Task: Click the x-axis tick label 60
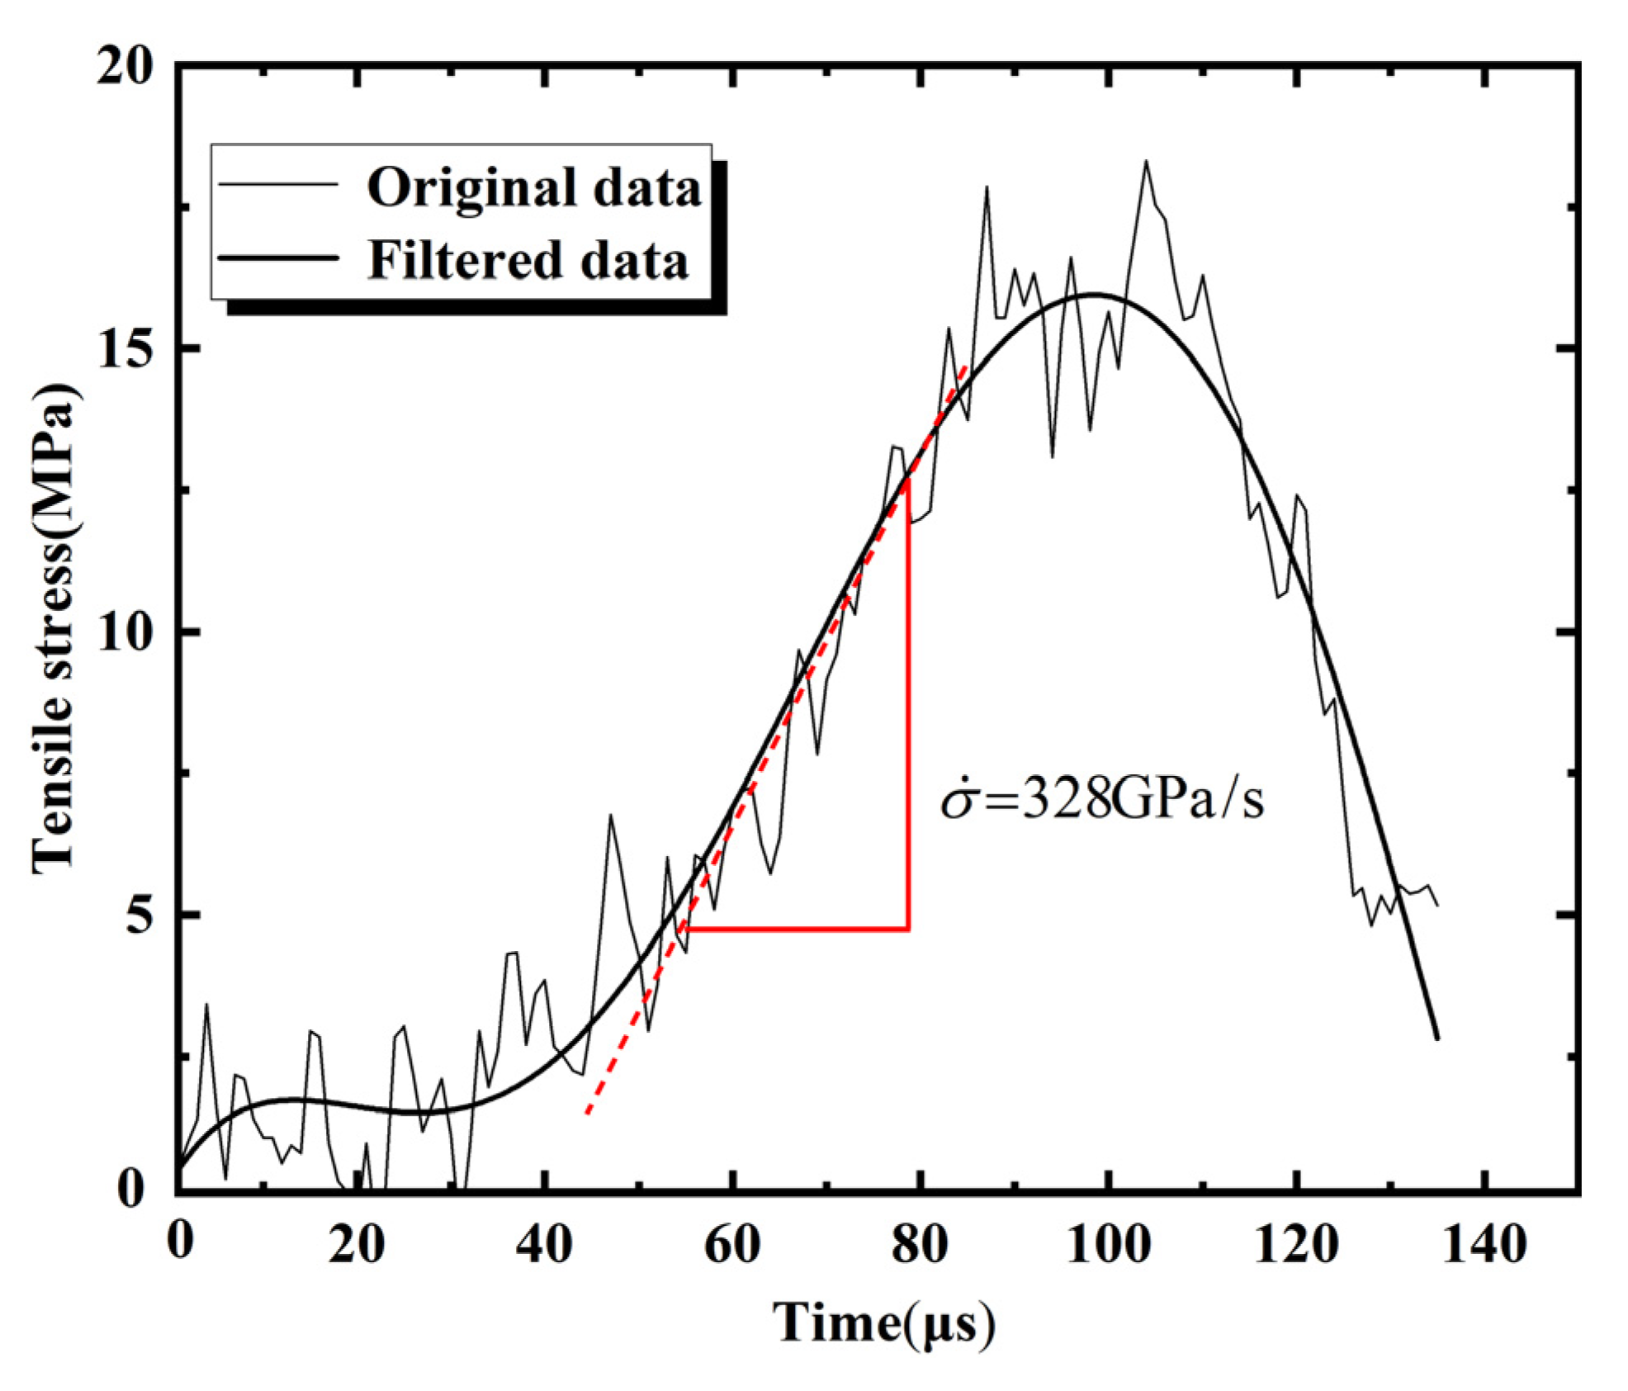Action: (x=731, y=1244)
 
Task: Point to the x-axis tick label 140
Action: (x=1484, y=1244)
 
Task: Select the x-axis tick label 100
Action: (x=1107, y=1244)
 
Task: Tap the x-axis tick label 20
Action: (x=356, y=1244)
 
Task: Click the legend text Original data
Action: (x=533, y=188)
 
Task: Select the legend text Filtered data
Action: (x=527, y=261)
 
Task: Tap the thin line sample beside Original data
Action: (x=278, y=185)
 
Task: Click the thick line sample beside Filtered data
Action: (x=278, y=258)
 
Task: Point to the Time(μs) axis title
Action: (x=883, y=1323)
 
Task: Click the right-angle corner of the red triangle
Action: (x=908, y=930)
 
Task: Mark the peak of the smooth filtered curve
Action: (x=1095, y=295)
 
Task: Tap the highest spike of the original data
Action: (x=1146, y=162)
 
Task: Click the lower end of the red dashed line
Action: (x=587, y=1113)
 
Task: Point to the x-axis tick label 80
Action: (x=920, y=1244)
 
